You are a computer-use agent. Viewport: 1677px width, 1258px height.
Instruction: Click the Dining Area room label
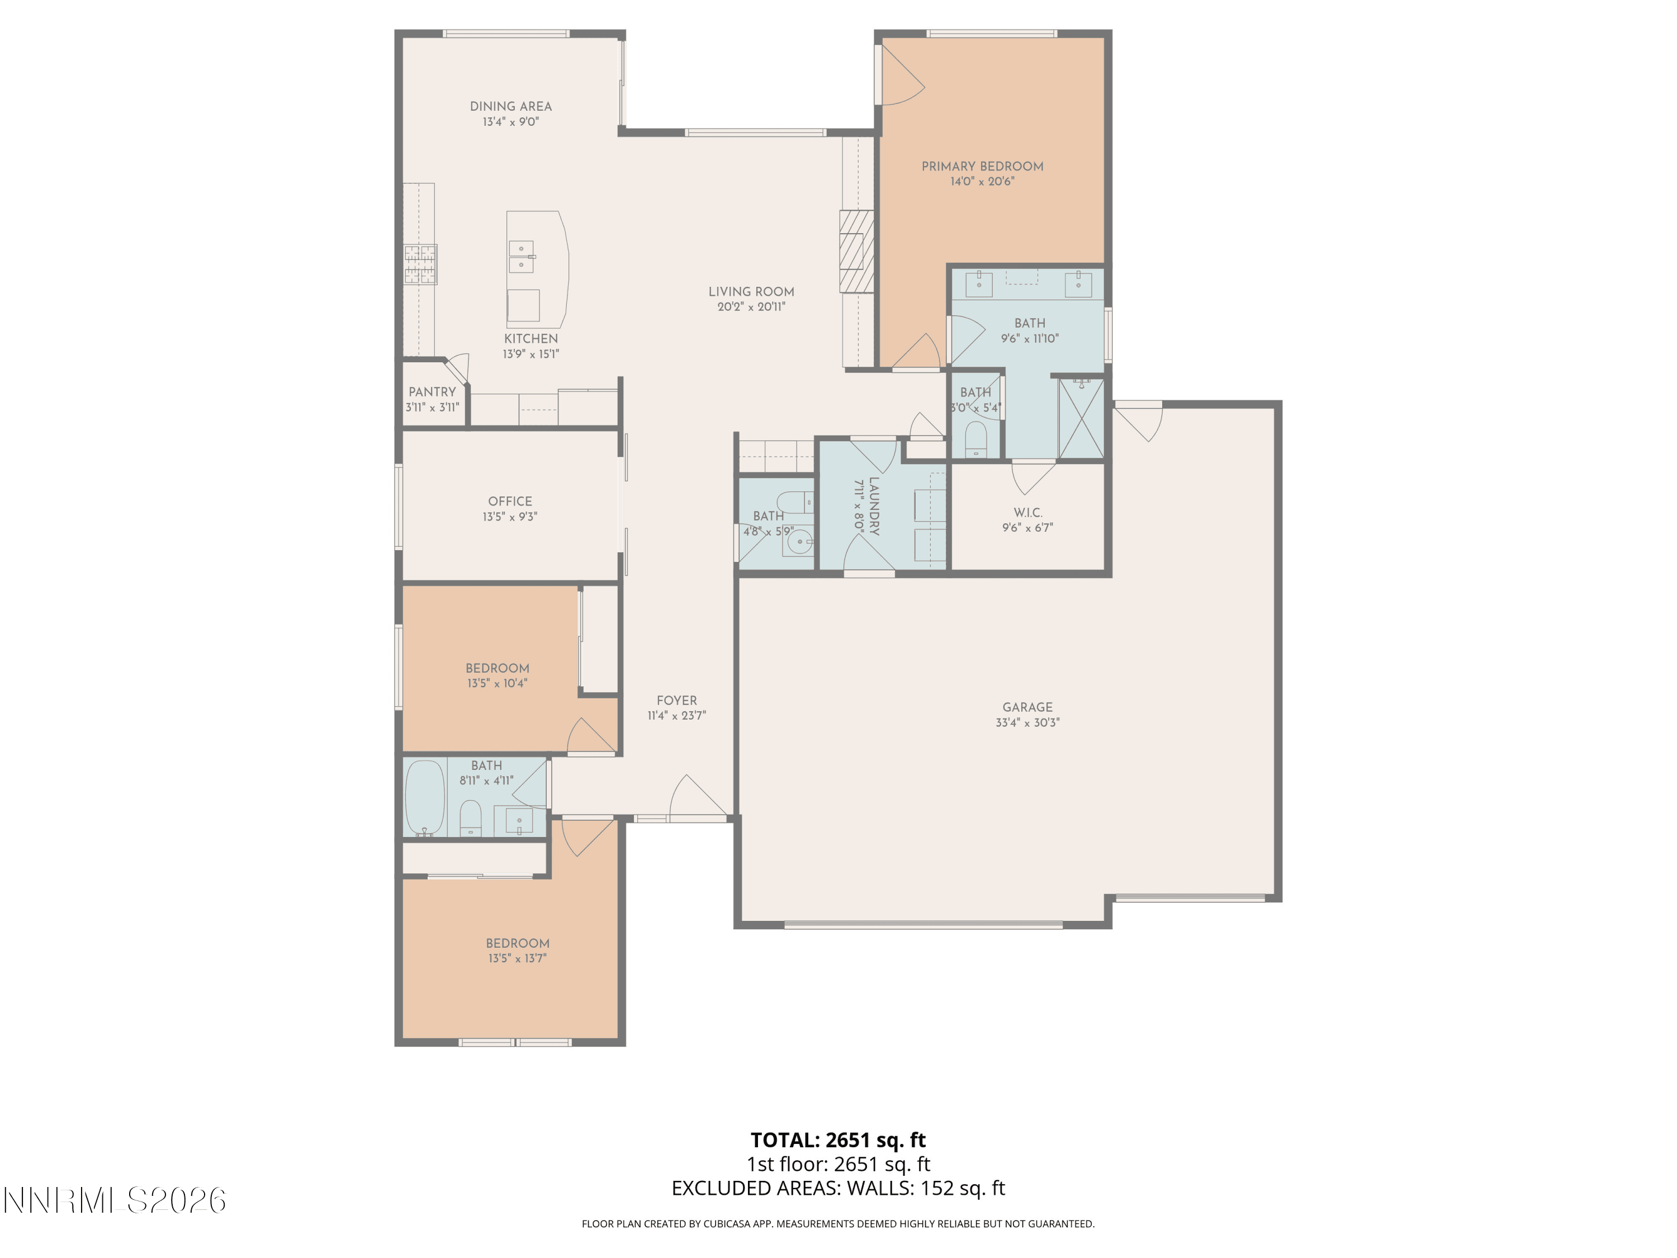pos(510,106)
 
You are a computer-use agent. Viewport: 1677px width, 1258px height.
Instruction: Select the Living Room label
pos(751,292)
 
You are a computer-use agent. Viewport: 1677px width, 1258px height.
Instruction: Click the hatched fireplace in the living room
pos(857,251)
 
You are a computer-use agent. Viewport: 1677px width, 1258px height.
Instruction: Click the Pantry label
pos(432,392)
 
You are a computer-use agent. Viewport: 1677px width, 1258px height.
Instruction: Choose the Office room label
pos(510,501)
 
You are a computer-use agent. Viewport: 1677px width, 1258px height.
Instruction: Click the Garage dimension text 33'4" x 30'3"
pos(1027,722)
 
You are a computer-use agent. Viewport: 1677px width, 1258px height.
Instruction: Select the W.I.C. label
pos(1028,513)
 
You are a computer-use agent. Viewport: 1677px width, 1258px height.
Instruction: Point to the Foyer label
pos(676,701)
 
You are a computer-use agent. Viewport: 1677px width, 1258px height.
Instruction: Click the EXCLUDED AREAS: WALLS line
pos(838,1188)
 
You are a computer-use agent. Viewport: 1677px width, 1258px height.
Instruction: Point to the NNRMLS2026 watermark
pos(115,1200)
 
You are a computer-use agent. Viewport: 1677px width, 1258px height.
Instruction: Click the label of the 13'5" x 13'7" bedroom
pos(518,943)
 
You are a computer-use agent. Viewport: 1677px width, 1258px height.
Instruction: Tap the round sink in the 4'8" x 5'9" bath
pos(798,542)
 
